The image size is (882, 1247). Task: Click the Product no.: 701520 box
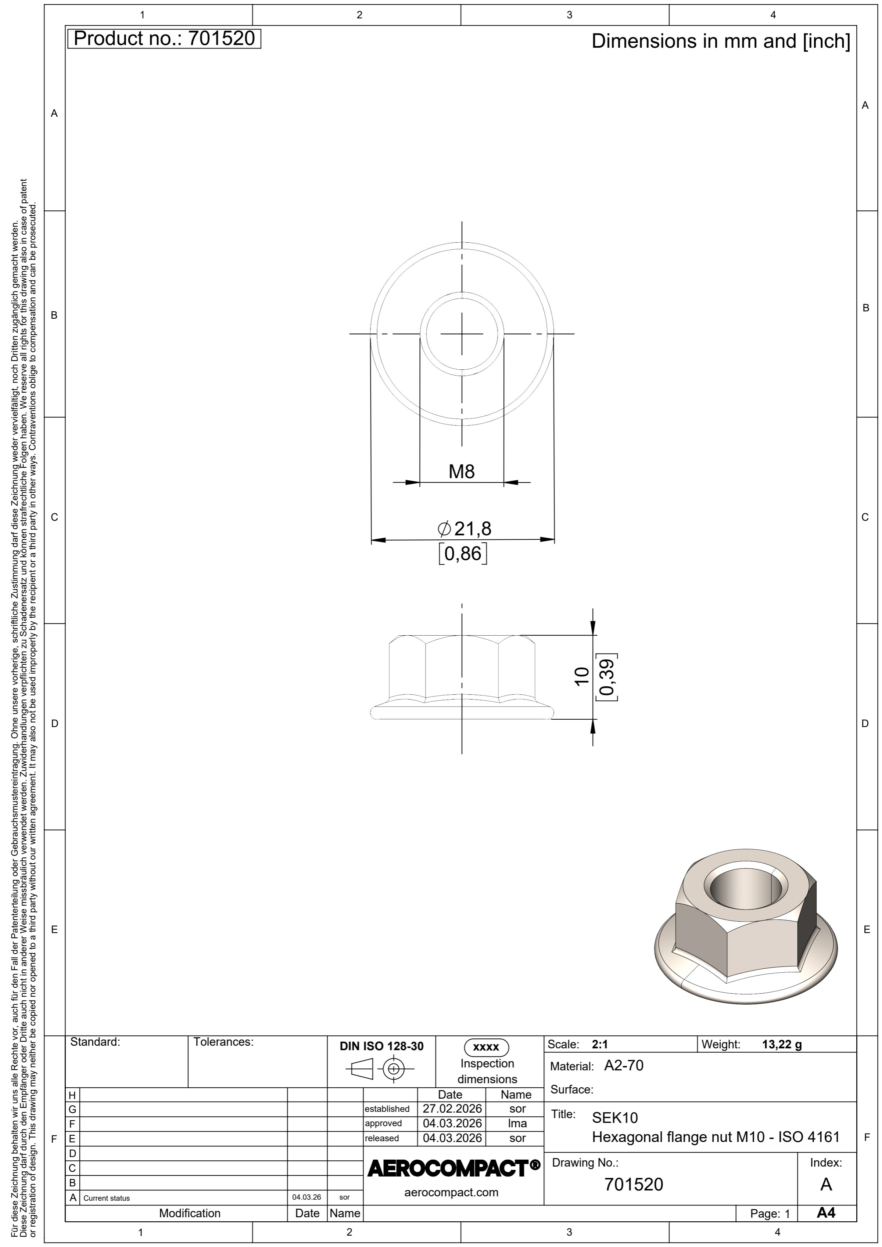pos(164,39)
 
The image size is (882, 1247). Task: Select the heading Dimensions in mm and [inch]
pos(721,41)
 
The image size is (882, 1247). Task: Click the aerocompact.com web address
pos(452,1193)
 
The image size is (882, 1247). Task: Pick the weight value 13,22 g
pos(782,1044)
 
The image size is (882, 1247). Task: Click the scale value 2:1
pos(600,1044)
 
